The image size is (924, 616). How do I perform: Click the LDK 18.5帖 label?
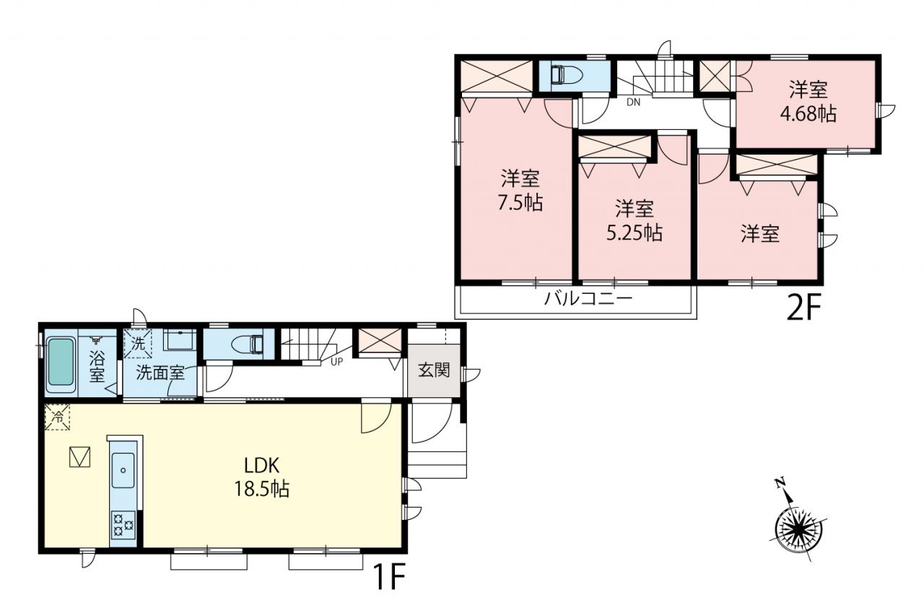pos(262,477)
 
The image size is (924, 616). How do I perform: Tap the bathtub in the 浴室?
pos(61,365)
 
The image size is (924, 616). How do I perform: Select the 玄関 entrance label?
pos(434,370)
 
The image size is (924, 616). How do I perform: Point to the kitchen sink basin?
pos(123,470)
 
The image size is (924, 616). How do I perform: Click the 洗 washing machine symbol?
pos(138,343)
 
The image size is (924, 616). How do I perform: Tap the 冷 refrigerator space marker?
pos(57,417)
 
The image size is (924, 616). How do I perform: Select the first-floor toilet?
pos(246,344)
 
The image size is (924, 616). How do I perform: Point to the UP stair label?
pos(336,363)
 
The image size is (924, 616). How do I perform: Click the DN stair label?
pos(634,103)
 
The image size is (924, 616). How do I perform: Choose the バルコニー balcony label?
pos(588,298)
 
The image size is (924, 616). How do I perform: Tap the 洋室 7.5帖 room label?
pos(520,190)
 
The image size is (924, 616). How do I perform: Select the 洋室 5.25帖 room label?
pos(635,221)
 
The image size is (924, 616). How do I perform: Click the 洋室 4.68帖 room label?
pos(808,102)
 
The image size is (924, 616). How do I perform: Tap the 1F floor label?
pos(389,576)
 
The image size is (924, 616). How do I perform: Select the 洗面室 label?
pos(160,373)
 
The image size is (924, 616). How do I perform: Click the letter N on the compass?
pos(779,483)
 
